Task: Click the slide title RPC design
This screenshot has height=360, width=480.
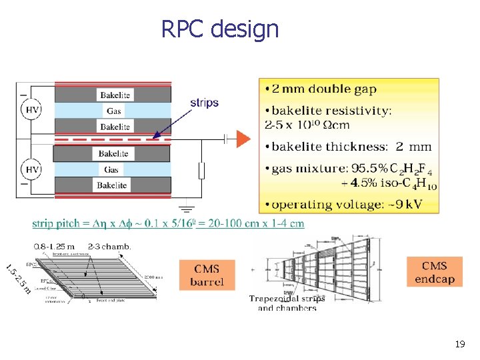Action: click(x=220, y=29)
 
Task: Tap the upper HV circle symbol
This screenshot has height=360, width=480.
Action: click(x=32, y=109)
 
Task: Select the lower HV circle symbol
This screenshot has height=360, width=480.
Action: click(x=32, y=170)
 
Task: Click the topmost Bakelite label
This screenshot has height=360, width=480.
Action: click(x=114, y=95)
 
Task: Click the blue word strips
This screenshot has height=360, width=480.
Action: click(x=204, y=103)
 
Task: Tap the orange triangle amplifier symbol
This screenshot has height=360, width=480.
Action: click(x=243, y=139)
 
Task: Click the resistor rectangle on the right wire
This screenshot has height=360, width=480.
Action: click(x=201, y=171)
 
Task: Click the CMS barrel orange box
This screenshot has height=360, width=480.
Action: click(x=207, y=275)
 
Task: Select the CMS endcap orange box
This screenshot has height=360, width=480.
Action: click(x=434, y=272)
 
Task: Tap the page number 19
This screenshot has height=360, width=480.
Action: click(x=459, y=345)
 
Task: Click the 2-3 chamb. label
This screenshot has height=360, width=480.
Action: click(x=109, y=246)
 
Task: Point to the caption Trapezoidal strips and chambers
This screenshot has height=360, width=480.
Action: click(x=287, y=303)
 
